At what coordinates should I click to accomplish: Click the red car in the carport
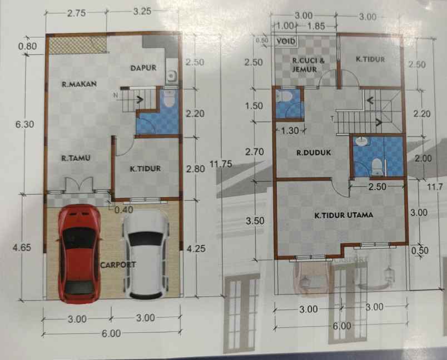pyautogui.click(x=79, y=253)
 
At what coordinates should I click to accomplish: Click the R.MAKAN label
pyautogui.click(x=80, y=85)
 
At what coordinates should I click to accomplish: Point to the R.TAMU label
pyautogui.click(x=76, y=158)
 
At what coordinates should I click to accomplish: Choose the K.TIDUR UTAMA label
pyautogui.click(x=342, y=214)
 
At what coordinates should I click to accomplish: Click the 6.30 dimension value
pyautogui.click(x=26, y=124)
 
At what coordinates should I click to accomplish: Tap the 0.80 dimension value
pyautogui.click(x=27, y=46)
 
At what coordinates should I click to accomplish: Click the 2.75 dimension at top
pyautogui.click(x=76, y=14)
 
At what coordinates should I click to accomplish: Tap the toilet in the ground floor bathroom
pyautogui.click(x=168, y=98)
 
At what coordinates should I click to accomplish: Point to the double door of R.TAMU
pyautogui.click(x=78, y=186)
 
